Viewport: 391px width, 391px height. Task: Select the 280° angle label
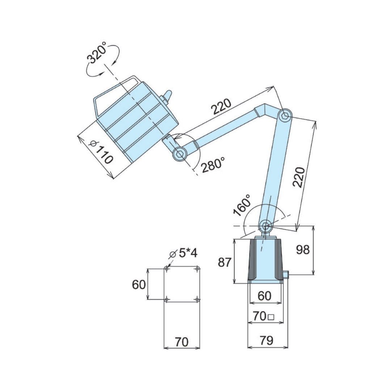click(213, 165)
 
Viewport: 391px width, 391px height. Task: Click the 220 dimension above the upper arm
click(221, 106)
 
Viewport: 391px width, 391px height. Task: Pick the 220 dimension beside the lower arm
click(299, 177)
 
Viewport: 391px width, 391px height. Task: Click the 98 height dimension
click(303, 249)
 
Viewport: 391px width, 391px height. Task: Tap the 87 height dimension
click(225, 262)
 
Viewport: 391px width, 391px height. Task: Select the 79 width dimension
click(266, 340)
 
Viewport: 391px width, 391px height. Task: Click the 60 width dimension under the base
click(264, 296)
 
